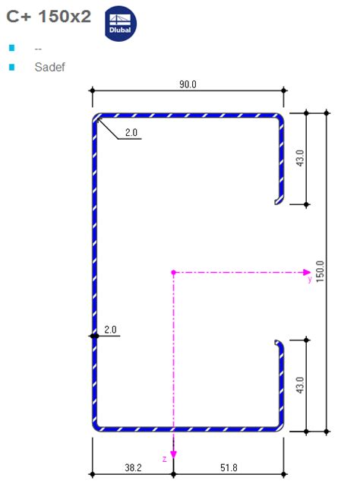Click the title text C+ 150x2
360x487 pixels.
point(49,16)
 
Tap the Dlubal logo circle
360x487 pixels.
point(120,24)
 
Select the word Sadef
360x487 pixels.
point(49,67)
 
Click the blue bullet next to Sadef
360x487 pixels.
point(12,67)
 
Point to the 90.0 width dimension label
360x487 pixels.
point(188,84)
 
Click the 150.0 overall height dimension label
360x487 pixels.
point(320,271)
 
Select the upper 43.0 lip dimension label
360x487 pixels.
point(300,158)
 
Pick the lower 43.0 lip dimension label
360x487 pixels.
point(300,385)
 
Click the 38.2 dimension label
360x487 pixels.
point(133,467)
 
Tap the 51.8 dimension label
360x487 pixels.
point(229,467)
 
